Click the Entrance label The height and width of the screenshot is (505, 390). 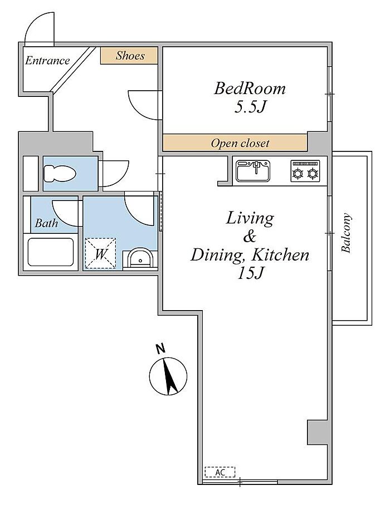47,60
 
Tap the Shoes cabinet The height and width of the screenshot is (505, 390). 129,56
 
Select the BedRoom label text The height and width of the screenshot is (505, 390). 250,88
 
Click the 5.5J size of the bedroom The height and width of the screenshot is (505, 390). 250,107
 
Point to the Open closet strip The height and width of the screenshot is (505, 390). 235,143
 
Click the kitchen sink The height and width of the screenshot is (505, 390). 253,171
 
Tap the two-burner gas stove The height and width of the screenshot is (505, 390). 305,171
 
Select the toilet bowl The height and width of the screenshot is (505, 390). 60,174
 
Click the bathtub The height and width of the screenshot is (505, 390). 51,252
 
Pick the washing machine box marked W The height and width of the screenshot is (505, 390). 100,253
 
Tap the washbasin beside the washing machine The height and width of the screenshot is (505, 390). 140,258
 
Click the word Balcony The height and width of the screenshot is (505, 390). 346,233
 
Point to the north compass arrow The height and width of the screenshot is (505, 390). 169,376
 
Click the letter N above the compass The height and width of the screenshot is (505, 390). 160,349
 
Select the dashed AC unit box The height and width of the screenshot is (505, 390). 220,472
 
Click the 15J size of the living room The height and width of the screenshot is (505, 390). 251,273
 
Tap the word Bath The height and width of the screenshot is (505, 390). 46,223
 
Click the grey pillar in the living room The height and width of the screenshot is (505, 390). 318,432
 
